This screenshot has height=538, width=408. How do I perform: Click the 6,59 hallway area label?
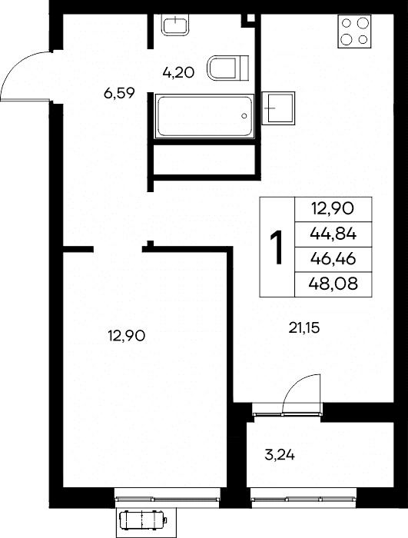pyautogui.click(x=119, y=93)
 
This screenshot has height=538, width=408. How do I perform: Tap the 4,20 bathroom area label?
pyautogui.click(x=178, y=73)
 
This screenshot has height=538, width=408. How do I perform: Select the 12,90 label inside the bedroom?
pyautogui.click(x=127, y=336)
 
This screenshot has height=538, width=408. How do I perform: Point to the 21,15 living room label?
pyautogui.click(x=304, y=328)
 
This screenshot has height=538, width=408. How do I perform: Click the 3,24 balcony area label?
pyautogui.click(x=280, y=455)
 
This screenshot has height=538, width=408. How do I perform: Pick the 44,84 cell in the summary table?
pyautogui.click(x=333, y=234)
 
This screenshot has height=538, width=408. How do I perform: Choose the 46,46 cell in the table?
pyautogui.click(x=333, y=259)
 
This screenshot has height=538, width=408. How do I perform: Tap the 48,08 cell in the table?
pyautogui.click(x=333, y=284)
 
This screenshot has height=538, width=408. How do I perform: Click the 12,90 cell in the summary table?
pyautogui.click(x=332, y=208)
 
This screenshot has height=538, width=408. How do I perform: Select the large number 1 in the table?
pyautogui.click(x=277, y=247)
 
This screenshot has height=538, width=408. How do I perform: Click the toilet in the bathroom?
pyautogui.click(x=227, y=68)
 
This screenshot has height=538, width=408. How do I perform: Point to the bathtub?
pyautogui.click(x=204, y=116)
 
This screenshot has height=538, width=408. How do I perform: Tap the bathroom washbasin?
pyautogui.click(x=175, y=25)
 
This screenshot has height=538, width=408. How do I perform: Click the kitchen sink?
pyautogui.click(x=278, y=108)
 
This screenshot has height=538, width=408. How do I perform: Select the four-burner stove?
pyautogui.click(x=354, y=32)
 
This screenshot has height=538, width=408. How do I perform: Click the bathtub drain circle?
pyautogui.click(x=244, y=116)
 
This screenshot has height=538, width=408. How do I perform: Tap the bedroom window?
pyautogui.click(x=167, y=499)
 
